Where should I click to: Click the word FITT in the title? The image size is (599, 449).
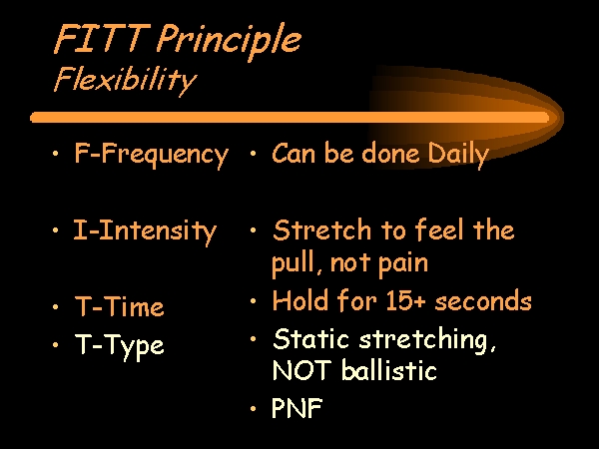102,38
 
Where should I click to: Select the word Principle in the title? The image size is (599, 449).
229,41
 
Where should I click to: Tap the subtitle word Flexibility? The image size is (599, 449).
125,81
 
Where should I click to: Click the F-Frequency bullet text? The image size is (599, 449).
152,155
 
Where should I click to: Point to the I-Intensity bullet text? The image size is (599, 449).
145,231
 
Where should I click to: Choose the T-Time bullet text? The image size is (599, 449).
119,306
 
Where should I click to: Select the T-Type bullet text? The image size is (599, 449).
119,346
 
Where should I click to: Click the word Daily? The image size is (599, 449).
458,155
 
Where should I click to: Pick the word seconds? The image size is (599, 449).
483,301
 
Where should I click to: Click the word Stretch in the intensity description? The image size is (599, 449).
322,230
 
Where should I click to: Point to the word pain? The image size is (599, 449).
403,264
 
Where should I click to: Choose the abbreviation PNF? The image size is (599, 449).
298,408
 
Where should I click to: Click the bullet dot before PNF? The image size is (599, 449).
253,409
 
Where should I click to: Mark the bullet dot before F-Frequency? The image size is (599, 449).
56,154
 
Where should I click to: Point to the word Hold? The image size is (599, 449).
300,300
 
